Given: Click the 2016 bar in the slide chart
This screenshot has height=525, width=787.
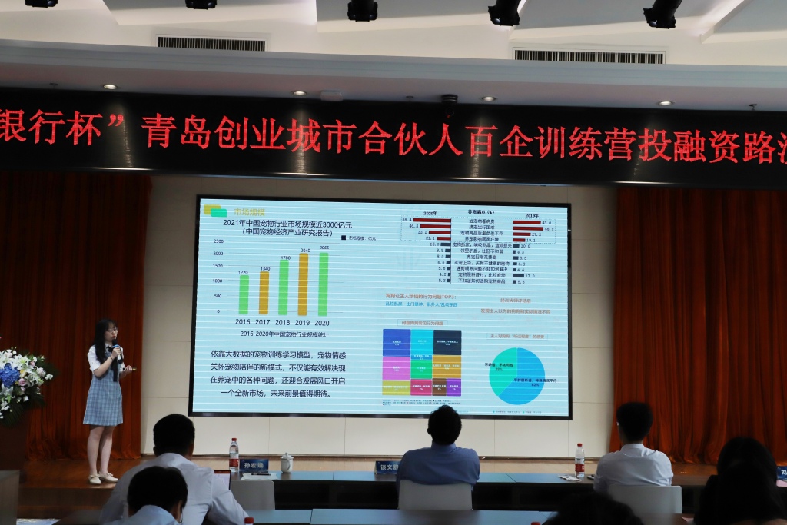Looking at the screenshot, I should click(244, 294).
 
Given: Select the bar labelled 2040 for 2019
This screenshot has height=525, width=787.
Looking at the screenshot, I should click(303, 284).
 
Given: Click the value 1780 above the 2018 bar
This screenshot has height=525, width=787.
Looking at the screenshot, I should click(284, 258).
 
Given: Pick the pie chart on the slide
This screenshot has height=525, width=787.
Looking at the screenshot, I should click(516, 376).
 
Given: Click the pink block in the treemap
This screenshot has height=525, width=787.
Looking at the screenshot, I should click(396, 367).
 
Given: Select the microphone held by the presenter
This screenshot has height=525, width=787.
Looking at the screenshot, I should click(117, 351).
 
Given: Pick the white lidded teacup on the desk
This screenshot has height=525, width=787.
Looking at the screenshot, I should click(287, 462).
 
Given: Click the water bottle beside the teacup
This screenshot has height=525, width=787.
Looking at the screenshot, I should click(234, 454).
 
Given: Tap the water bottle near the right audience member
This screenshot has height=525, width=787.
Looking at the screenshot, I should click(579, 460).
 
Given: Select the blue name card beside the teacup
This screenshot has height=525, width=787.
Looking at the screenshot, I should click(254, 465).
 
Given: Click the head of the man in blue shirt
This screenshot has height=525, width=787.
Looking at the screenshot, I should click(444, 424).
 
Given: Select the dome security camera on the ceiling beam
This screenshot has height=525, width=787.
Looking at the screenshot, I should click(449, 100).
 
